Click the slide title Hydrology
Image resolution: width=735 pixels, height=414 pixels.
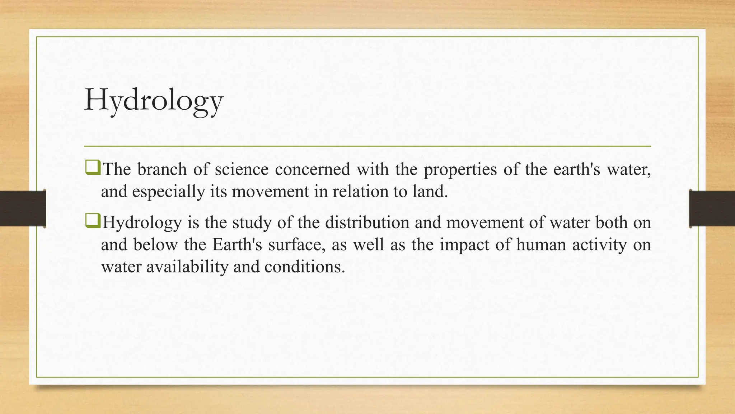[154, 101]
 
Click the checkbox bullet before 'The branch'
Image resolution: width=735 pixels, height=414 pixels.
[93, 168]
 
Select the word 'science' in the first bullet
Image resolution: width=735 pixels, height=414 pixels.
[242, 169]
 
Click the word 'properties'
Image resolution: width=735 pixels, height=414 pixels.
[460, 169]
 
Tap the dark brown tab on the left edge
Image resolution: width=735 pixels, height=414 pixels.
[23, 208]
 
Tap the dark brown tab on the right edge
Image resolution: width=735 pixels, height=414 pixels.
[712, 208]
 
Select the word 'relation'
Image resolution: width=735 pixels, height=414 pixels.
[360, 192]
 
